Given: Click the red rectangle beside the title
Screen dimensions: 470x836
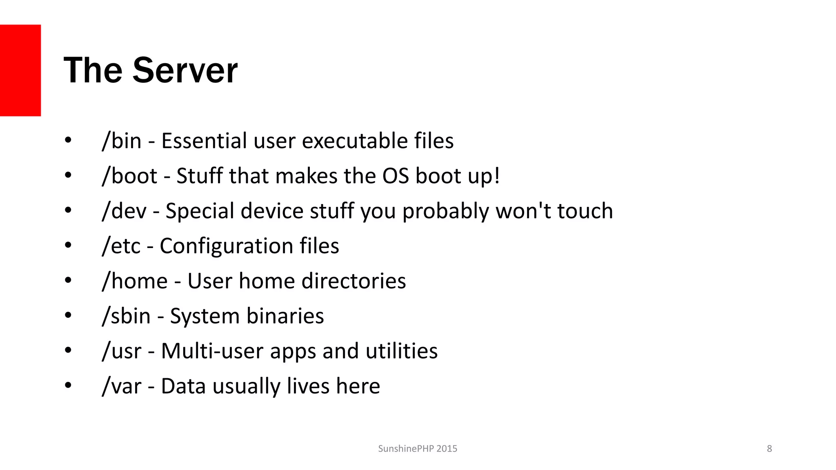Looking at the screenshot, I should click(x=20, y=70).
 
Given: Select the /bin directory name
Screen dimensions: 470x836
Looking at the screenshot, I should click(x=122, y=141).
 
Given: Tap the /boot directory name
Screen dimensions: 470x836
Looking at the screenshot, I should click(x=129, y=176).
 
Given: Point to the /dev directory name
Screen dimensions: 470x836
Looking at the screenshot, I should click(x=124, y=211).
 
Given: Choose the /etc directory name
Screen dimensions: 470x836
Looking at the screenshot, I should click(x=121, y=246).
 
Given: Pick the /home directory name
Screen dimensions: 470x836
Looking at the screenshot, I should click(x=135, y=281).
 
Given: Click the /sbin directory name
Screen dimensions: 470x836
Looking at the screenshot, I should click(x=126, y=316).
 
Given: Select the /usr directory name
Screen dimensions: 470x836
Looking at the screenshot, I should click(x=122, y=351).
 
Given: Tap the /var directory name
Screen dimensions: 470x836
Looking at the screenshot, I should click(x=122, y=386).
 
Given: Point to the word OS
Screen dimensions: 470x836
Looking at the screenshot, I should click(x=396, y=176).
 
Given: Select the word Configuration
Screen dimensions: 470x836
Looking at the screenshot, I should click(x=226, y=246).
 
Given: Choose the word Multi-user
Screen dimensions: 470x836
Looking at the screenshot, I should click(x=212, y=351).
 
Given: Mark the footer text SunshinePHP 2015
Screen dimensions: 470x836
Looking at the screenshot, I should click(x=418, y=449).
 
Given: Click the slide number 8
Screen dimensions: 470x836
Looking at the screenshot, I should click(x=769, y=449).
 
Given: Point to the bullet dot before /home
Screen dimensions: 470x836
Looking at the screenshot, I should click(x=68, y=281).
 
